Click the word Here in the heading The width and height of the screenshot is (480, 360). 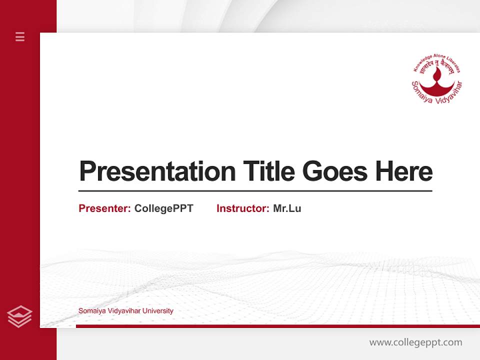click(x=404, y=171)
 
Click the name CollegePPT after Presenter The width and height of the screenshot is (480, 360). click(x=163, y=208)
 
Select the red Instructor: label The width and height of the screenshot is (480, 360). click(x=243, y=208)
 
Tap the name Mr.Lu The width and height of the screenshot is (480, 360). click(x=287, y=208)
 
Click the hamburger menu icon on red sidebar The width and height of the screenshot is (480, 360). click(x=20, y=36)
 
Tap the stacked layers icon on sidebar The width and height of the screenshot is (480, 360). click(x=20, y=316)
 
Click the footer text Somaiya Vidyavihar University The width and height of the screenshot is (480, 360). click(x=125, y=311)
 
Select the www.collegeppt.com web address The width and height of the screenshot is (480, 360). click(x=415, y=342)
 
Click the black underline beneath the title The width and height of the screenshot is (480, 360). click(x=255, y=190)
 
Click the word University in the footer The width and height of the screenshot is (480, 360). click(x=157, y=311)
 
